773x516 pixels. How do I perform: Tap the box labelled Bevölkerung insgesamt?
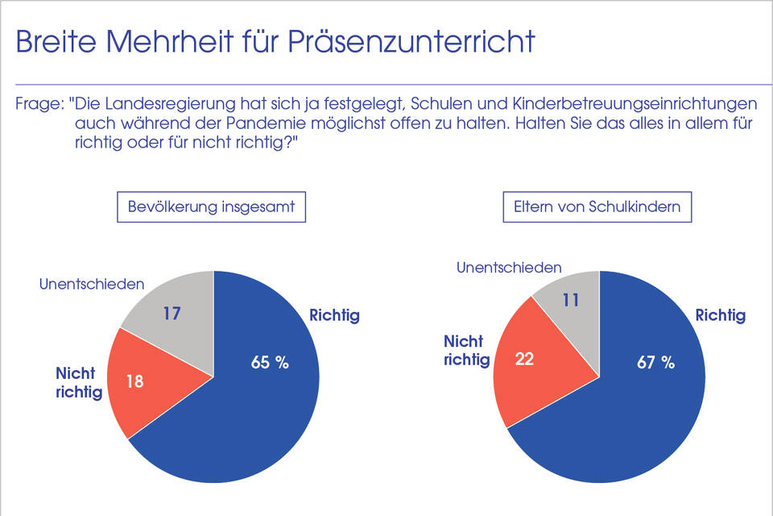coord(212,206)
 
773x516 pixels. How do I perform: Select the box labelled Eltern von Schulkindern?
coord(597,206)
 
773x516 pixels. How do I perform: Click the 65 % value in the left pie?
coord(270,363)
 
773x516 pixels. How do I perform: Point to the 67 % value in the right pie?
coord(655,363)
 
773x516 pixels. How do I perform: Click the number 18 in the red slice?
coord(135,381)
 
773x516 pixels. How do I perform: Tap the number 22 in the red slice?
coord(524,359)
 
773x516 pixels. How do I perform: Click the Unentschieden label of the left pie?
coord(92,284)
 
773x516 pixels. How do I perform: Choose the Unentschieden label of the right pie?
coord(509,268)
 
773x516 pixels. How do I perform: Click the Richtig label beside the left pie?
coord(334,315)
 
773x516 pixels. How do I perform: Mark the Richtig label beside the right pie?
coord(720,315)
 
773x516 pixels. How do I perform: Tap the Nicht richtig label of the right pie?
coord(467,351)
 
